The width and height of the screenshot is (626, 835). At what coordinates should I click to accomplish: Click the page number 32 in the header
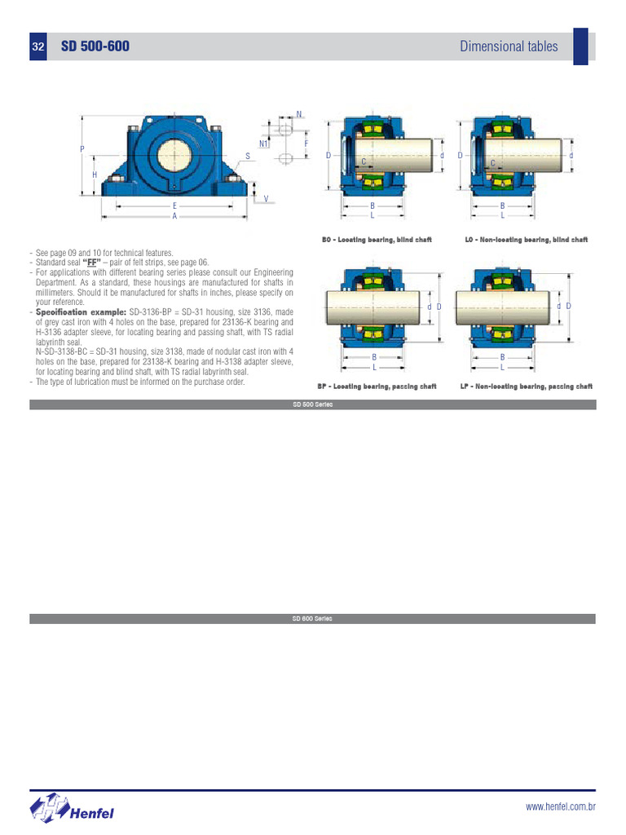[x=37, y=47]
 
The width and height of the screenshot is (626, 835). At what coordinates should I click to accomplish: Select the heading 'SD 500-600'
[x=95, y=46]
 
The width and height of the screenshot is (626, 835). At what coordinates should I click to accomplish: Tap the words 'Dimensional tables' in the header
[x=509, y=46]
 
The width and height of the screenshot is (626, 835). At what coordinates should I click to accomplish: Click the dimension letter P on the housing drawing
[x=82, y=149]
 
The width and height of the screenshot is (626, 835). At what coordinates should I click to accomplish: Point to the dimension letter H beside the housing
[x=95, y=175]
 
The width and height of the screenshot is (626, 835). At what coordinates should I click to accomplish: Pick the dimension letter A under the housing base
[x=174, y=217]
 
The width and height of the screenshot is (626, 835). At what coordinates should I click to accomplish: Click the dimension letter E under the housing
[x=174, y=206]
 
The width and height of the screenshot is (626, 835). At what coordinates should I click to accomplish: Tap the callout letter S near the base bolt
[x=247, y=156]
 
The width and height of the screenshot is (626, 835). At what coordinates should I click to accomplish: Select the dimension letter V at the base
[x=266, y=199]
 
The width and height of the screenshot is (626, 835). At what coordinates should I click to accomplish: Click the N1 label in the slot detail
[x=263, y=144]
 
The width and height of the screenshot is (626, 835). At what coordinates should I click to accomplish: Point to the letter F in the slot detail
[x=306, y=144]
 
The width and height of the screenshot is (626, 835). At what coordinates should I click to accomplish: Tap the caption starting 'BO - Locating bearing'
[x=377, y=240]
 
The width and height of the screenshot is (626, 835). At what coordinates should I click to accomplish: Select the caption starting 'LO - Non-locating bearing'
[x=526, y=240]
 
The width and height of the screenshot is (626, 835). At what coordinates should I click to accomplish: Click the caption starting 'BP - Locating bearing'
[x=377, y=387]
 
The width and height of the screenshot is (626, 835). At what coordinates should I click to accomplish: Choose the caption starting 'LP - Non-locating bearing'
[x=526, y=387]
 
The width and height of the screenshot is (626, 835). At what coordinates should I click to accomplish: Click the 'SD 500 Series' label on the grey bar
[x=312, y=404]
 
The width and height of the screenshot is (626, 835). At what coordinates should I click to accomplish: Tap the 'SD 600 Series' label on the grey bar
[x=312, y=619]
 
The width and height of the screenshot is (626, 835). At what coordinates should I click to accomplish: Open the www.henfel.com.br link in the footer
[x=561, y=807]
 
